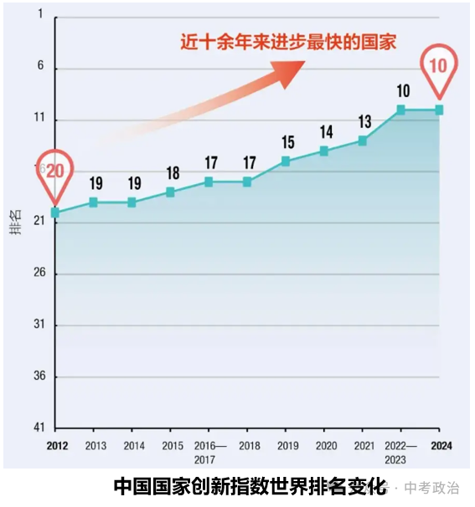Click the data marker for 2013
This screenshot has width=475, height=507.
93,202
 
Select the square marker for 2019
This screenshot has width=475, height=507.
286,161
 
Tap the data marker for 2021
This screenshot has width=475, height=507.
363,141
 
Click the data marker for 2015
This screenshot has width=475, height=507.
170,192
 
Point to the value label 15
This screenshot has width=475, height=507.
288,141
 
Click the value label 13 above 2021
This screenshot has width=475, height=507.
364,121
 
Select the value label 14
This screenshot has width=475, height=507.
326,131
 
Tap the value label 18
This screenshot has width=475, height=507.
173,173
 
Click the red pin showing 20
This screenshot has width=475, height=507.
55,172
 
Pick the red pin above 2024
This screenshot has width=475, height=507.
439,66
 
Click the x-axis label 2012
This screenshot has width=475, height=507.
57,446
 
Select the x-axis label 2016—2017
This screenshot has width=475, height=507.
210,452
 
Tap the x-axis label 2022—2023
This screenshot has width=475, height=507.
400,452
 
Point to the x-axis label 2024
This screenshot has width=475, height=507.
441,446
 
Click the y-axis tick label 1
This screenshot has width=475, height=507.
40,18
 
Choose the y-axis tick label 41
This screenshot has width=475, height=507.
39,428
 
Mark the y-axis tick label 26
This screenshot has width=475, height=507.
39,274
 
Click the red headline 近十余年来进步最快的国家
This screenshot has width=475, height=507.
288,42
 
